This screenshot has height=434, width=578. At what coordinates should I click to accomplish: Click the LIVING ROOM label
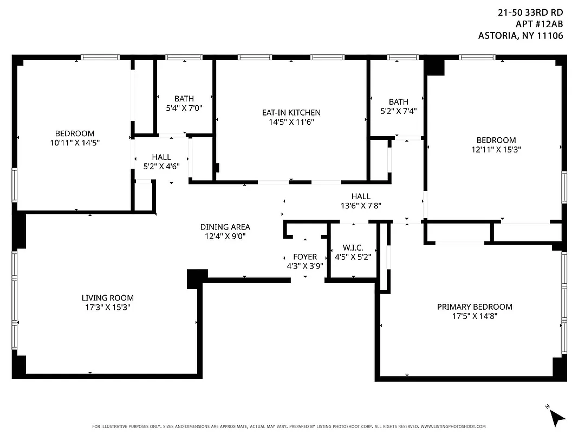107,298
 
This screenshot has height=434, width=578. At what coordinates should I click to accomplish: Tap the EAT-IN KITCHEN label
291,113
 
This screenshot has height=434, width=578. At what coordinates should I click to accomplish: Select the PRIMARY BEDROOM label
474,307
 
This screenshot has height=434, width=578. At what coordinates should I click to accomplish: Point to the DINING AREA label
225,227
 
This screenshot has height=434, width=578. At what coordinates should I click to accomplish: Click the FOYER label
304,257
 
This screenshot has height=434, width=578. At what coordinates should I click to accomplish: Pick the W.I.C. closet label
352,248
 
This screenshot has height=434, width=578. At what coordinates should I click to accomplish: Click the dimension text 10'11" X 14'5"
74,143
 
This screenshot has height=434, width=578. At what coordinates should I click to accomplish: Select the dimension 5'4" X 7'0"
184,108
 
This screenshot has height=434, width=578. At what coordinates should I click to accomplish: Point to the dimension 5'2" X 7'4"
398,111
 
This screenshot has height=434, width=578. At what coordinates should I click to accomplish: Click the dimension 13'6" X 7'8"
360,206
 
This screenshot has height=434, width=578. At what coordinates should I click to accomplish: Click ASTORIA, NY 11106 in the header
521,36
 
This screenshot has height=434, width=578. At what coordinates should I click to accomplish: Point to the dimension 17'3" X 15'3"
107,307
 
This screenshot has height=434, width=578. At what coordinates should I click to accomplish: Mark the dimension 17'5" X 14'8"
474,316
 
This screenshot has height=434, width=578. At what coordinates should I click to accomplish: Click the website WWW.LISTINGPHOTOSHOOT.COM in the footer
453,426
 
